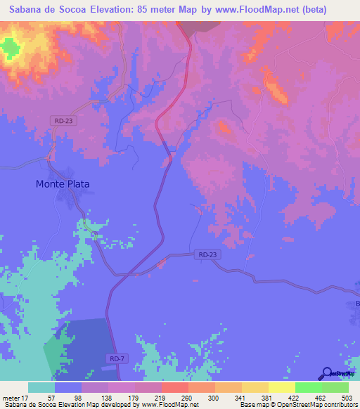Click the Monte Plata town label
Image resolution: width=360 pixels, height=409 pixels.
coord(63,184)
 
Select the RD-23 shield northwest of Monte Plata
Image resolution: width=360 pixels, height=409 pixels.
coord(63,121)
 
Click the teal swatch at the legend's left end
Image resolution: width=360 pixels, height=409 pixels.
coord(41,387)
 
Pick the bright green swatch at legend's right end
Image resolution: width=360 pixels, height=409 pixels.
coord(335,387)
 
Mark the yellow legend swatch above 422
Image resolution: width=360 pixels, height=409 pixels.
coord(281,387)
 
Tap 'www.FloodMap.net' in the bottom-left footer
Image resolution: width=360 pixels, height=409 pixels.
coord(169,405)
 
